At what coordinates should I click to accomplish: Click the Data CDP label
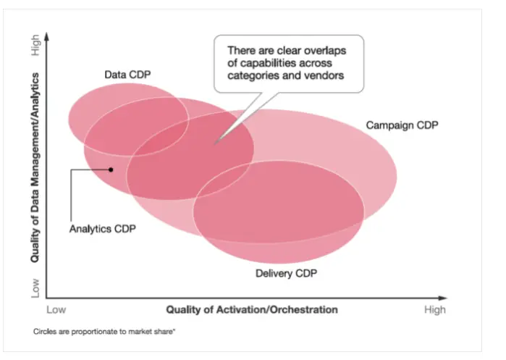coord(127,74)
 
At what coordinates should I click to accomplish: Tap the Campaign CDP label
coord(402,125)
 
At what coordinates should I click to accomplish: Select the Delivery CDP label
coord(286,273)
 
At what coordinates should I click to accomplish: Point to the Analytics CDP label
coord(102,229)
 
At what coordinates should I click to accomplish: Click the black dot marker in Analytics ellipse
coord(111,169)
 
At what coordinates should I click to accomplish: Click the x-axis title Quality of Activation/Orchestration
coord(252,309)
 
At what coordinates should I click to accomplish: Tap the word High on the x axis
coord(435,309)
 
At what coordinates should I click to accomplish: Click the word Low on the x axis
coord(57,309)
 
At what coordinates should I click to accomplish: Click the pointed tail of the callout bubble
coord(214,143)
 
